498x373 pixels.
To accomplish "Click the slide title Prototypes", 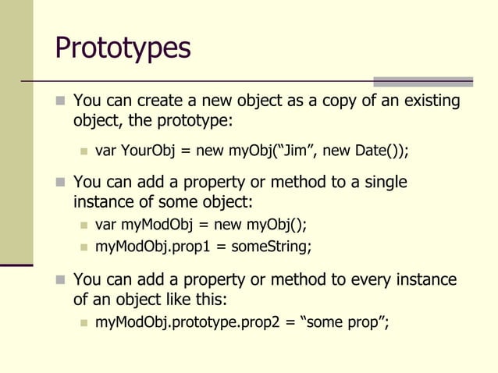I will [123, 48].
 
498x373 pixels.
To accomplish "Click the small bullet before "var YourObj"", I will [84, 151].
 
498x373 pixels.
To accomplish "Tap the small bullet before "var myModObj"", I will [84, 226].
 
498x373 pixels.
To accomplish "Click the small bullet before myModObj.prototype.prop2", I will [84, 322].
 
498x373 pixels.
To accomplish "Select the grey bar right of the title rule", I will [422, 81].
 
